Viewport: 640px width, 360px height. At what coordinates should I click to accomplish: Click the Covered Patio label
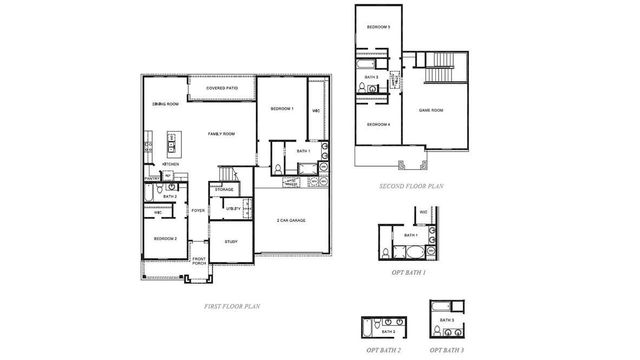[x=222, y=88]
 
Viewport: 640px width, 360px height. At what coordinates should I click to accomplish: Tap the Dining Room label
[x=165, y=104]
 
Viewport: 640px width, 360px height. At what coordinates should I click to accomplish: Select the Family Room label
[x=222, y=134]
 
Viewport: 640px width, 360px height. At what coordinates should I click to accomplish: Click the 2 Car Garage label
[x=292, y=220]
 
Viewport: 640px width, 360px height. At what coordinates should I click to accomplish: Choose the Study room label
[x=230, y=241]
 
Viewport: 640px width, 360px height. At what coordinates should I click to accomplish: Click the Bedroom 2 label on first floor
[x=165, y=239]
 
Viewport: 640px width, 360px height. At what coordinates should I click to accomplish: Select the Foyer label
[x=198, y=211]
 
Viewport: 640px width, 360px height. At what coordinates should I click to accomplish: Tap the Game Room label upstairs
[x=431, y=110]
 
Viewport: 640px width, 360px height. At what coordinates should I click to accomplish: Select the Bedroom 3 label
[x=377, y=27]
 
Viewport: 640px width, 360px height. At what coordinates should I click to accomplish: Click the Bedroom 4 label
[x=377, y=124]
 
